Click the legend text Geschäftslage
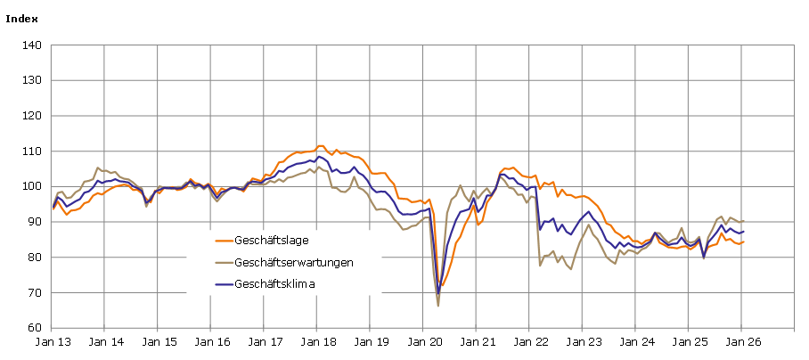click(x=272, y=241)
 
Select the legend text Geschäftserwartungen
click(x=294, y=263)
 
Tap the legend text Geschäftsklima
click(x=275, y=285)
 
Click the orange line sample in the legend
click(x=224, y=241)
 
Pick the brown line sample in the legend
click(x=224, y=263)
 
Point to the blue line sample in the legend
click(x=224, y=285)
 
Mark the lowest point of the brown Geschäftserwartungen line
click(x=438, y=306)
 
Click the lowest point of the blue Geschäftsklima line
click(x=438, y=292)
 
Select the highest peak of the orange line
click(x=321, y=146)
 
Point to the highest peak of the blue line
click(x=319, y=157)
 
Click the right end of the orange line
click(x=743, y=241)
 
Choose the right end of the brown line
click(x=743, y=221)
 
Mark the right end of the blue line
click(x=743, y=232)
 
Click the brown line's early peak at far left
click(x=98, y=168)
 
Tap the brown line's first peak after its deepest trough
click(x=460, y=185)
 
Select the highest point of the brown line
click(x=319, y=167)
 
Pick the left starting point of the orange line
click(x=53, y=209)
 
